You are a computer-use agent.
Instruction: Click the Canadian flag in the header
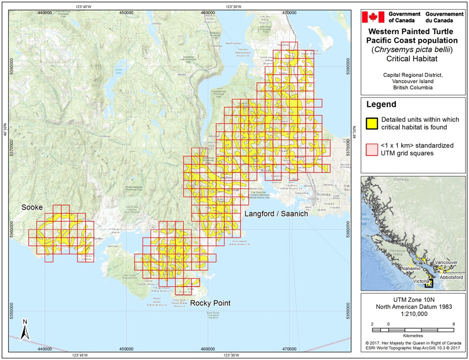(374, 17)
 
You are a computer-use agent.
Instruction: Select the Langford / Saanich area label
(276, 214)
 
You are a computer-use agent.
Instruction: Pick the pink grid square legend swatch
(372, 148)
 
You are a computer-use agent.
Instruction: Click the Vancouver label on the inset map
(446, 263)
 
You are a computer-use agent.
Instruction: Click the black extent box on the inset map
(429, 284)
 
